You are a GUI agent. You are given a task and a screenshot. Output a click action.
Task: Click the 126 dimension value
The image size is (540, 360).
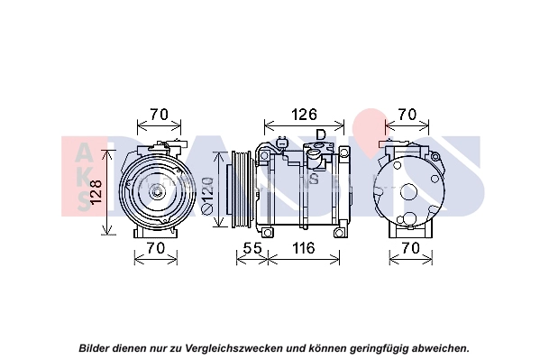304,115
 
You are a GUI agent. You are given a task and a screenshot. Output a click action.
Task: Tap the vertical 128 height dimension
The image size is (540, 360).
96,191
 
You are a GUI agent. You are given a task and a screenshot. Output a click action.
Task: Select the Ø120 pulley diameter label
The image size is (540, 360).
207,196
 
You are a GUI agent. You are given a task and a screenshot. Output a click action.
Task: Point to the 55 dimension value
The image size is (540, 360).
252,247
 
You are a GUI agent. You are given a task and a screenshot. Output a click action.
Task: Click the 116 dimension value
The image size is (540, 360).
304,247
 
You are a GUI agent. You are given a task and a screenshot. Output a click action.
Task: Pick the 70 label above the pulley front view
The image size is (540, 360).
159,115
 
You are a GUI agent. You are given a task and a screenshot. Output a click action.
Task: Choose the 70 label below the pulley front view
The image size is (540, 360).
156,247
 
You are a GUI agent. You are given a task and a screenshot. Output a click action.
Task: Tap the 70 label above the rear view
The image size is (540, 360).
407,115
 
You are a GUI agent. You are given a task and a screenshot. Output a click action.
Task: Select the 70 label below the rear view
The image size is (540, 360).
411,247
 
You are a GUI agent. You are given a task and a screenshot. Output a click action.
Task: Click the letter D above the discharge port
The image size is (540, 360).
321,134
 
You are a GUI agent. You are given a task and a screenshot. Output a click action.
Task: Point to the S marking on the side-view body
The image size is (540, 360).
314,179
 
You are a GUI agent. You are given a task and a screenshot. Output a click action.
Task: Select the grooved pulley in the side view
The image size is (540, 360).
240,189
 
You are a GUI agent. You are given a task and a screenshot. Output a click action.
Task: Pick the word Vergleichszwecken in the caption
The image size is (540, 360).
234,348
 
